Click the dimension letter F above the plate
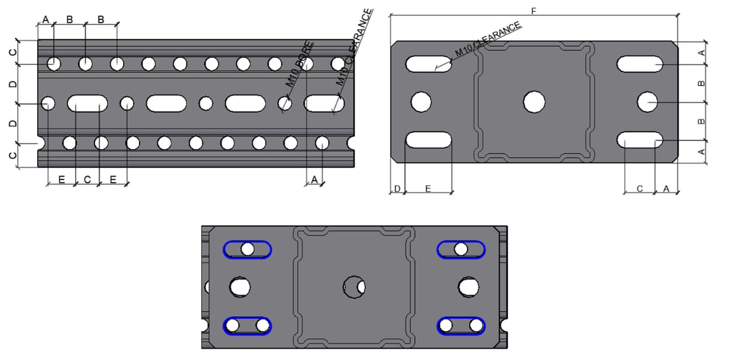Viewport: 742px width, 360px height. click(534, 10)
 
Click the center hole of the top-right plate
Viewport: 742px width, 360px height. click(534, 102)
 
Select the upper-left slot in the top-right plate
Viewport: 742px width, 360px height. click(429, 64)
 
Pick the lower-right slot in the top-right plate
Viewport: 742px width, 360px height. click(639, 140)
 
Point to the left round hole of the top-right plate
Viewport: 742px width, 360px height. click(421, 102)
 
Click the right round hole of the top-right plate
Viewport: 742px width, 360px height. click(647, 102)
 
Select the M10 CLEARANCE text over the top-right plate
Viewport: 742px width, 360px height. click(488, 40)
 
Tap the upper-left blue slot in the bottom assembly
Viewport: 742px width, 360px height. click(247, 249)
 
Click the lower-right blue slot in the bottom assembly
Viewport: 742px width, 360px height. click(461, 326)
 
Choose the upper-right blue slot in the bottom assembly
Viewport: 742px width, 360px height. click(461, 249)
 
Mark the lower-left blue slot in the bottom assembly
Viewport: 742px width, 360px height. click(247, 326)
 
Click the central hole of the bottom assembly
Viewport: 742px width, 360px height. click(354, 287)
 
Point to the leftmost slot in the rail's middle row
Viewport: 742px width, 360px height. click(87, 103)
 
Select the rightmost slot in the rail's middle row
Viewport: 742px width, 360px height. click(323, 103)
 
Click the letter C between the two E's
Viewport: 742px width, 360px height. click(87, 179)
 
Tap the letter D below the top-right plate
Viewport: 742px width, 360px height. click(397, 189)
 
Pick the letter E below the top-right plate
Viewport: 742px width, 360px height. click(428, 189)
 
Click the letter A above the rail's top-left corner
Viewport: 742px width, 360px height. click(46, 19)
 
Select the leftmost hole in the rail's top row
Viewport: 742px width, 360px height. click(54, 64)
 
